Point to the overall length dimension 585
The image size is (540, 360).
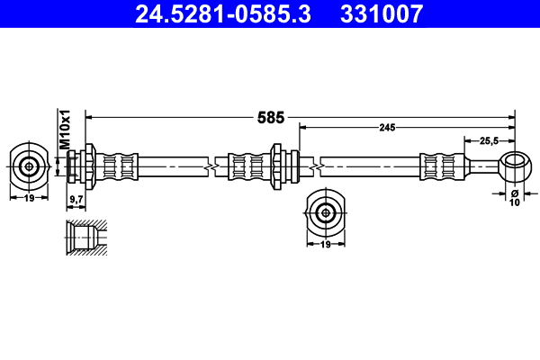[271, 117]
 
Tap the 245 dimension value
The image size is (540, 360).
[387, 129]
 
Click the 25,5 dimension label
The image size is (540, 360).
[490, 141]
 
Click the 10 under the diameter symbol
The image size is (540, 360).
[516, 203]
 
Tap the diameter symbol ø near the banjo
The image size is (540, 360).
[516, 192]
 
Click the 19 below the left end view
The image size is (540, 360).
[30, 197]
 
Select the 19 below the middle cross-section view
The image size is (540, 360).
[324, 244]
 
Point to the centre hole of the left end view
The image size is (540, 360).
[30, 166]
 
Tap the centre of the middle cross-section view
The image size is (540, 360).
[324, 211]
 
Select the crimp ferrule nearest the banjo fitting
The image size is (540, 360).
[439, 166]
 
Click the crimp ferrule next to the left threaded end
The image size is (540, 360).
[121, 166]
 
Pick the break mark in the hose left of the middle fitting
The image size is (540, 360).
[210, 166]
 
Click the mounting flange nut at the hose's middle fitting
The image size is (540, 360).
[279, 166]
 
